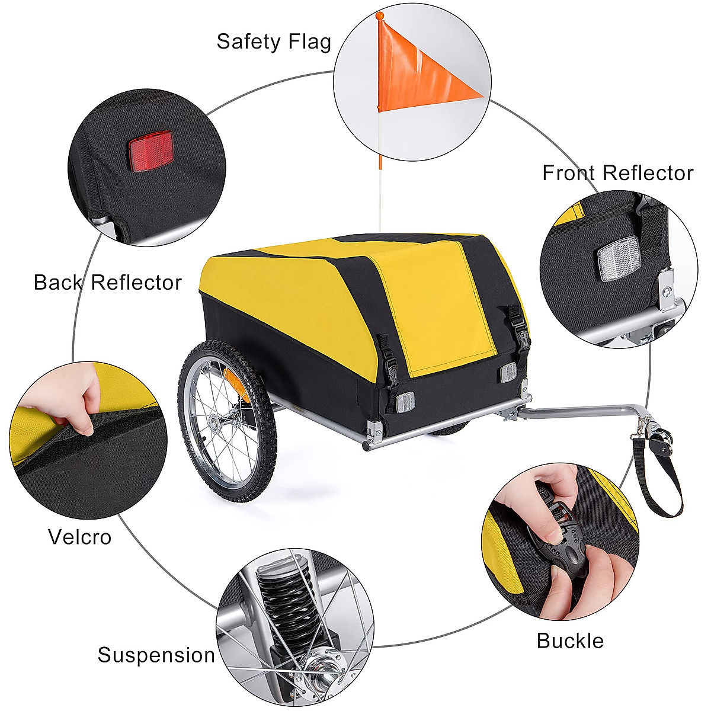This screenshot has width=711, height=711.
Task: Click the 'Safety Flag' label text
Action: point(273,42)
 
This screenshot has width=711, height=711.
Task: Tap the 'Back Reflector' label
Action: point(107,283)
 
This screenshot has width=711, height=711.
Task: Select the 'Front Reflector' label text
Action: point(617,173)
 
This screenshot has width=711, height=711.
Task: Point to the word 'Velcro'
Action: point(79,537)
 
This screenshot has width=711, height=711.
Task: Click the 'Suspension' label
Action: point(156,655)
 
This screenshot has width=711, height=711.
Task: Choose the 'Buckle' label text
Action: point(570,640)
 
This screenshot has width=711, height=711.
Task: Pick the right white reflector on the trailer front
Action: point(507,373)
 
